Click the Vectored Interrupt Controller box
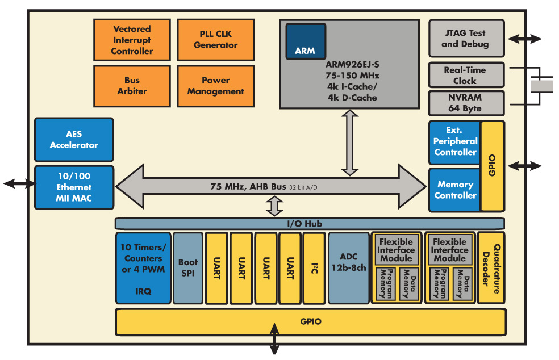pos(132,40)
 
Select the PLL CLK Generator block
pos(215,40)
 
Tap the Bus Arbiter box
pos(132,86)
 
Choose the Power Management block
pos(215,86)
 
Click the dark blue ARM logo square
pos(306,41)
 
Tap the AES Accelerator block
pos(74,140)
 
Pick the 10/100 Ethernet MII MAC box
pos(74,187)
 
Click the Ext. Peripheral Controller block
pos(455,143)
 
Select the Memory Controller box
pos(455,190)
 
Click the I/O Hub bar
pos(310,224)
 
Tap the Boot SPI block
pos(187,268)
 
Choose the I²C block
pos(314,268)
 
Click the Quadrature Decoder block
pos(491,268)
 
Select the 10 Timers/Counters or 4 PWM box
pos(143,268)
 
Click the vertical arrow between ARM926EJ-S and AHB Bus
pos(350,143)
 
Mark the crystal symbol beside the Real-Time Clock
pos(541,86)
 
